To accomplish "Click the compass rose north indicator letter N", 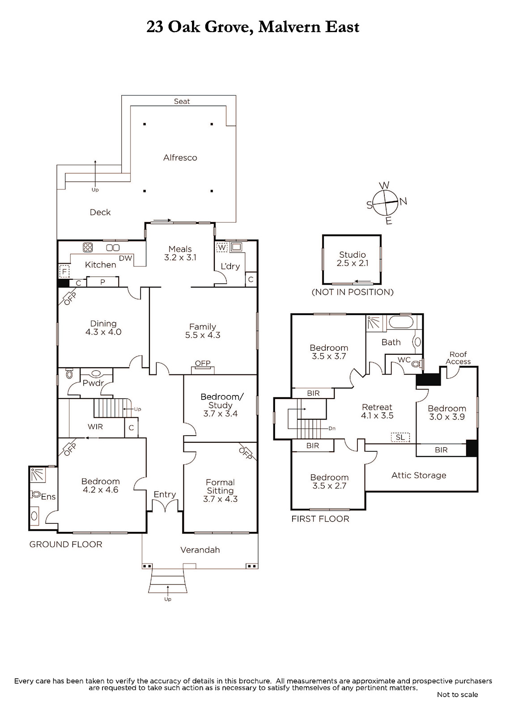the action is tap(403, 201).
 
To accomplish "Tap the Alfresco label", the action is tap(180, 158).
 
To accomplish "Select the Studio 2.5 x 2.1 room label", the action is tap(352, 259).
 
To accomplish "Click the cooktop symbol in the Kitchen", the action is tap(88, 248).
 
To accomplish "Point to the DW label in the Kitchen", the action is tap(126, 258).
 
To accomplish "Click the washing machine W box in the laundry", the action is tap(221, 248).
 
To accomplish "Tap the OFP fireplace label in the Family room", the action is tap(203, 363).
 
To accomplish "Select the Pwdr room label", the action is tap(94, 383).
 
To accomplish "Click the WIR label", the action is tap(95, 426).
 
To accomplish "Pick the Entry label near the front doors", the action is tap(165, 494).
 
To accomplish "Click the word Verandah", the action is tap(200, 550).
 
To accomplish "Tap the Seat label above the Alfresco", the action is tap(182, 101).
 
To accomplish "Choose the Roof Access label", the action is tap(458, 358).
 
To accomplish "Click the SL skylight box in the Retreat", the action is tap(400, 437).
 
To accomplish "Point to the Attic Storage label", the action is tap(419, 475).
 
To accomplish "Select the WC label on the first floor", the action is tap(404, 360).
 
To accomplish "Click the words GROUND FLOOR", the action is tap(66, 544).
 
